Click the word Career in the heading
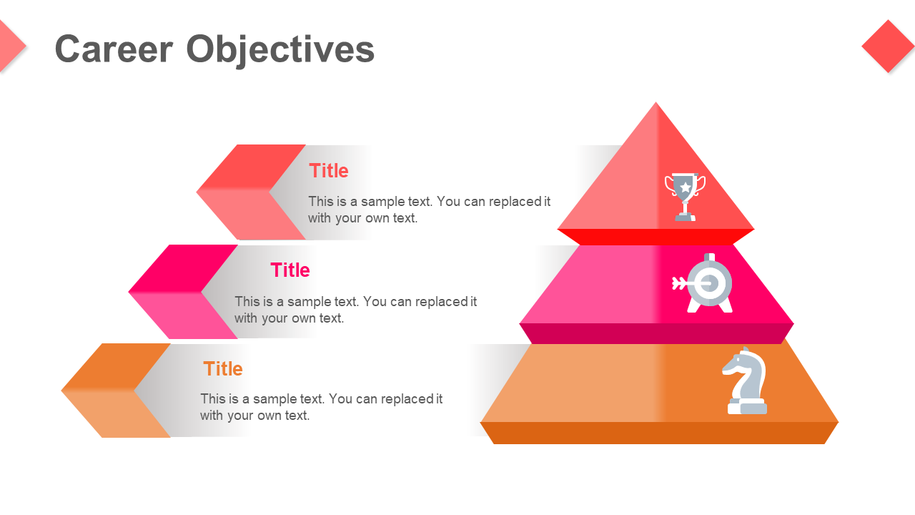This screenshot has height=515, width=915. (x=114, y=49)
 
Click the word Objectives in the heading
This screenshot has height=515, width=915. (x=280, y=49)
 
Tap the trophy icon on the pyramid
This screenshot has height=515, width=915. (x=685, y=196)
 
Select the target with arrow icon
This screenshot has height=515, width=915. (x=704, y=283)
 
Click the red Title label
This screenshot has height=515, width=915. (x=329, y=171)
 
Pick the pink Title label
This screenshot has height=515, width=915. (x=290, y=270)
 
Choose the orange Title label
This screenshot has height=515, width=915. (x=223, y=369)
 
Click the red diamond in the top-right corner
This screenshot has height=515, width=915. (x=888, y=46)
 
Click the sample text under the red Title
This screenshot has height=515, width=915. (x=429, y=210)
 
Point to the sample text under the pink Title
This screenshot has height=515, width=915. (x=355, y=310)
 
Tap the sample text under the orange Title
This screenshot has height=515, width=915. (x=321, y=407)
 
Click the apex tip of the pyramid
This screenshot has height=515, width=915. (x=656, y=106)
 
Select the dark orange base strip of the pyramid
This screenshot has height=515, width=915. (x=658, y=433)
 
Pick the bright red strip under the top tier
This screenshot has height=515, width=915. (x=656, y=236)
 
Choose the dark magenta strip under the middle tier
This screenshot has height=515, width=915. (x=656, y=333)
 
